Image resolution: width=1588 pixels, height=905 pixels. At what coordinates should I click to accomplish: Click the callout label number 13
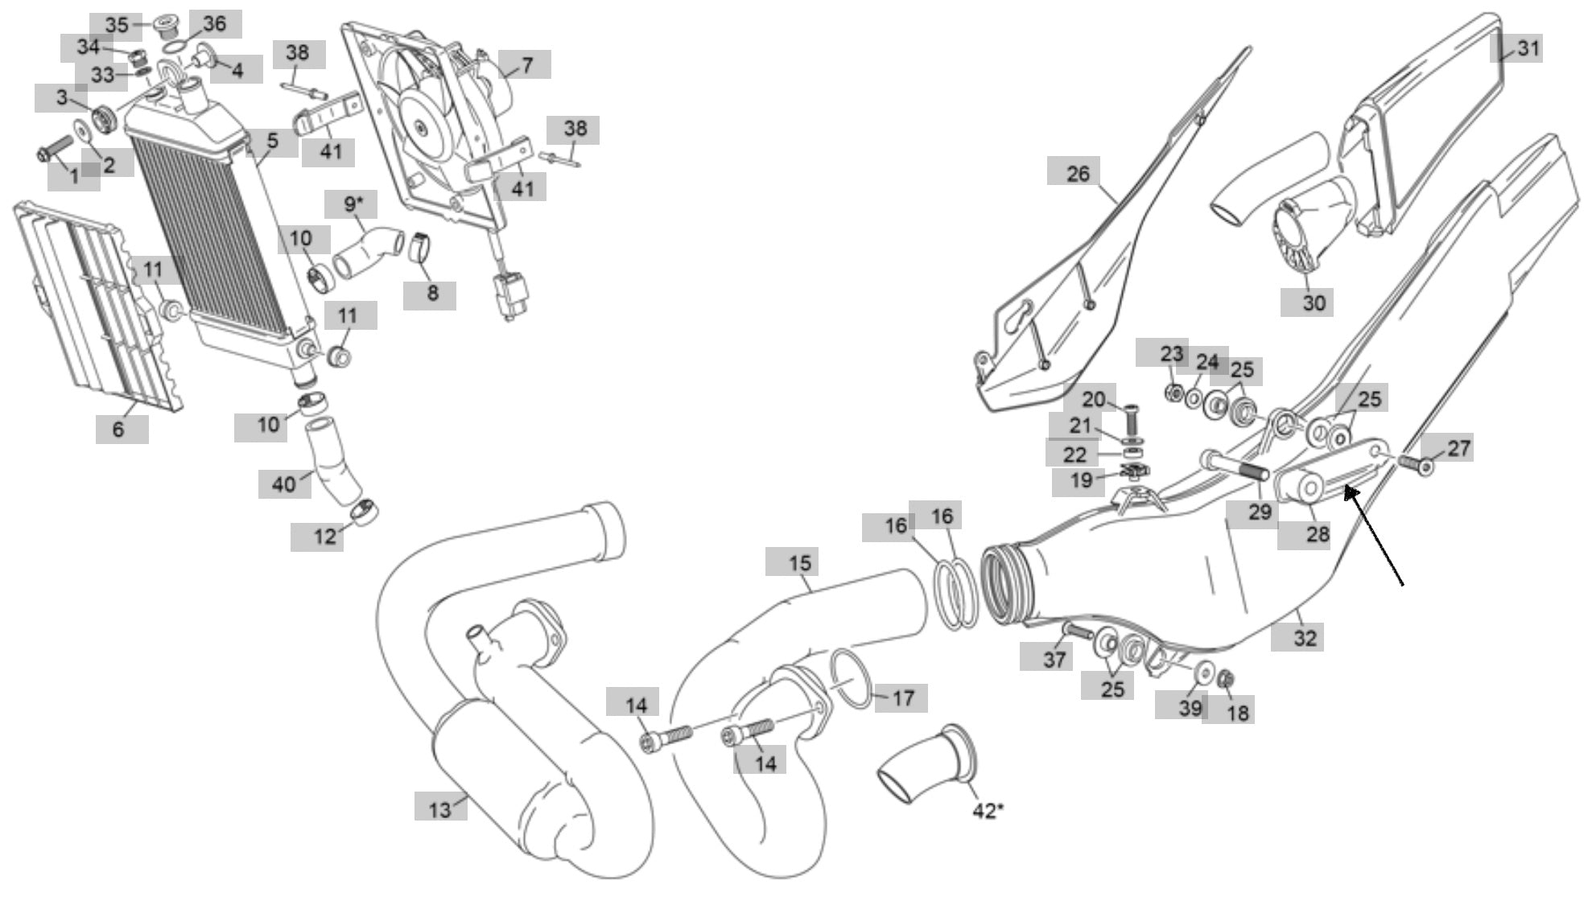[x=440, y=808]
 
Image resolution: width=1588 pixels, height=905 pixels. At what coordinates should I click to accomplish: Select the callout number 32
[x=1305, y=637]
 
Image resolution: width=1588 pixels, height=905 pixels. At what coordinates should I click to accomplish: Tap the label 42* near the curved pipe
[x=988, y=811]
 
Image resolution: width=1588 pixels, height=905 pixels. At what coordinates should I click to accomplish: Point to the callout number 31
[x=1528, y=48]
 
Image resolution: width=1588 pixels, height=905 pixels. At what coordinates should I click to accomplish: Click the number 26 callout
[x=1078, y=173]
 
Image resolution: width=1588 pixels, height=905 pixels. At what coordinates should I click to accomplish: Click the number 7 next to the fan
[x=527, y=64]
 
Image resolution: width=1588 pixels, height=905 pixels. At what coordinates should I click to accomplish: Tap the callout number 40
[x=284, y=484]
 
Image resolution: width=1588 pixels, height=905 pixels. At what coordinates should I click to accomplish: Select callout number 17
[x=903, y=697]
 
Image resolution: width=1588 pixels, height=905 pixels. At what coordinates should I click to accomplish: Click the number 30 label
[x=1313, y=302]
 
